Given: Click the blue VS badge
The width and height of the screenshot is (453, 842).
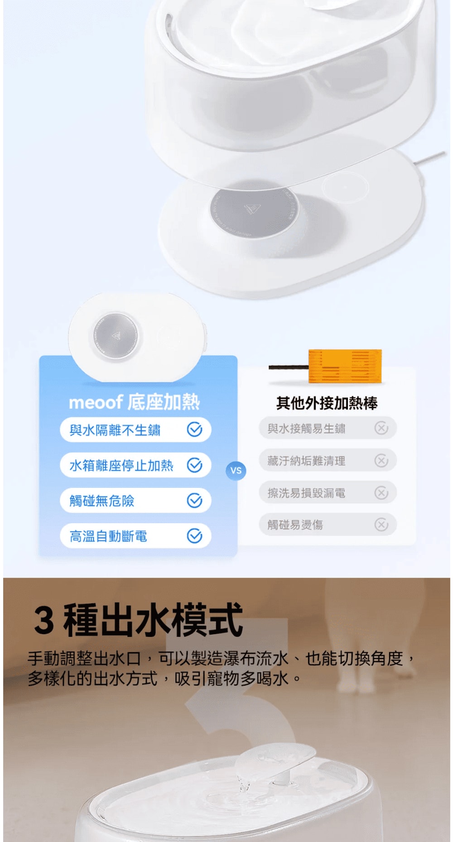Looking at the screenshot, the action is [x=236, y=471].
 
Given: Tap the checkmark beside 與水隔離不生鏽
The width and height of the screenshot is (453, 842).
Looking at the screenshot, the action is [x=195, y=429].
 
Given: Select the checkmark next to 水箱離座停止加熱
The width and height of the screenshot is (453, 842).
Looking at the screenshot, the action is [x=195, y=465].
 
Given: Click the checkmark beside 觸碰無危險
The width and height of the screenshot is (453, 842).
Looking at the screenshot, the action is [x=195, y=501].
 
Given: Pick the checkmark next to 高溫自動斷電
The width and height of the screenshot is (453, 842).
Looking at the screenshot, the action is [x=195, y=536].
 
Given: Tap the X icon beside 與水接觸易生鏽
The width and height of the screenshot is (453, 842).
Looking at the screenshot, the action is [x=381, y=428].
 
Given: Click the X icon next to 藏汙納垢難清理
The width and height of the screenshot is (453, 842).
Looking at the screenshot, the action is [x=381, y=461].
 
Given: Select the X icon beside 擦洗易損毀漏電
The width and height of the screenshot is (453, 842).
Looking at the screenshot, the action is [x=381, y=493].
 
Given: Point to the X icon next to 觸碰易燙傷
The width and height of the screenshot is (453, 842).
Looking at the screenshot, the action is [x=381, y=525].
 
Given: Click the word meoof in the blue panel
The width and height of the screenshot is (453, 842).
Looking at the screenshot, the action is [x=96, y=402].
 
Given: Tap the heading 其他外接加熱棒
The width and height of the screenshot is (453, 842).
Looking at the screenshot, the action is [x=327, y=403].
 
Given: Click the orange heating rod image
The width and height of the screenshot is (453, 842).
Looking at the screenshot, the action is [x=345, y=366].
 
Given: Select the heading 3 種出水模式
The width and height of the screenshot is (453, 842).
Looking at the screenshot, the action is [x=139, y=620].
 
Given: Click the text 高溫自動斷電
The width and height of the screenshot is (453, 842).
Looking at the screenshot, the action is [x=108, y=536].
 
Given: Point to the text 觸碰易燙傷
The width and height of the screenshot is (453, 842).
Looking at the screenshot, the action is [x=295, y=525].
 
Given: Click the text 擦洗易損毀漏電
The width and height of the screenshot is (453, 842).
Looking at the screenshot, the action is [x=307, y=493].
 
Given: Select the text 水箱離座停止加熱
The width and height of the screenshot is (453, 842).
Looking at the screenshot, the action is [x=121, y=465].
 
